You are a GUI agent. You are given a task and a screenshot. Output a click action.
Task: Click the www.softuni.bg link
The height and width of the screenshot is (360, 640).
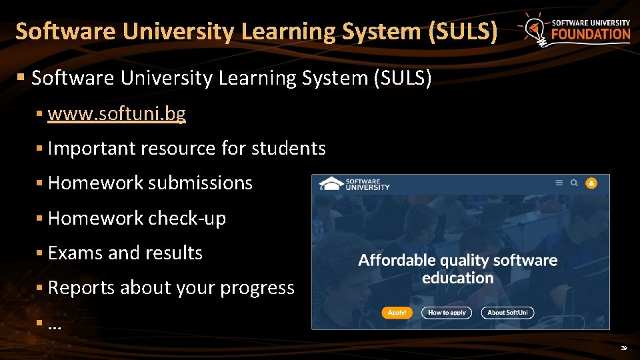(117, 114)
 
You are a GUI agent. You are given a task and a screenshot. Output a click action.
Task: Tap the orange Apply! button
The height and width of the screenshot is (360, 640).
(397, 312)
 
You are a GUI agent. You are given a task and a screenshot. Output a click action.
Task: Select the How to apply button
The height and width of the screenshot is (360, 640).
(447, 312)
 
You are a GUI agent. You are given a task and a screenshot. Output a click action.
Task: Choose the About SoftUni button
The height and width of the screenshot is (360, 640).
(508, 312)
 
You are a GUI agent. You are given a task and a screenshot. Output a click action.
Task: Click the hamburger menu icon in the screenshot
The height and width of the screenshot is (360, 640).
(559, 183)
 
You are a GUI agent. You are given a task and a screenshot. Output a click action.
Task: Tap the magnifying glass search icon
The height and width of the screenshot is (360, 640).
(574, 183)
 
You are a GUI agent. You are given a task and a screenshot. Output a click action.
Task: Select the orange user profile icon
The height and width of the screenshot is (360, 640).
(591, 183)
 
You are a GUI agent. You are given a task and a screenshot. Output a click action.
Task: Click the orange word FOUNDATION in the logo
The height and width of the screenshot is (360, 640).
(591, 34)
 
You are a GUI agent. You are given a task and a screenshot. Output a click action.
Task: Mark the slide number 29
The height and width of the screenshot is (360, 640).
(623, 348)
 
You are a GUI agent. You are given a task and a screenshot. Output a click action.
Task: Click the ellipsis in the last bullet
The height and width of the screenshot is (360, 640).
(55, 325)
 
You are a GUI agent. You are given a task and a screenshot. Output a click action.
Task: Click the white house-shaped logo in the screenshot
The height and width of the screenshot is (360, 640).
(330, 183)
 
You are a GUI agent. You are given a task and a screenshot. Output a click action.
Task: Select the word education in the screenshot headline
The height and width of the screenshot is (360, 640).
(457, 278)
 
